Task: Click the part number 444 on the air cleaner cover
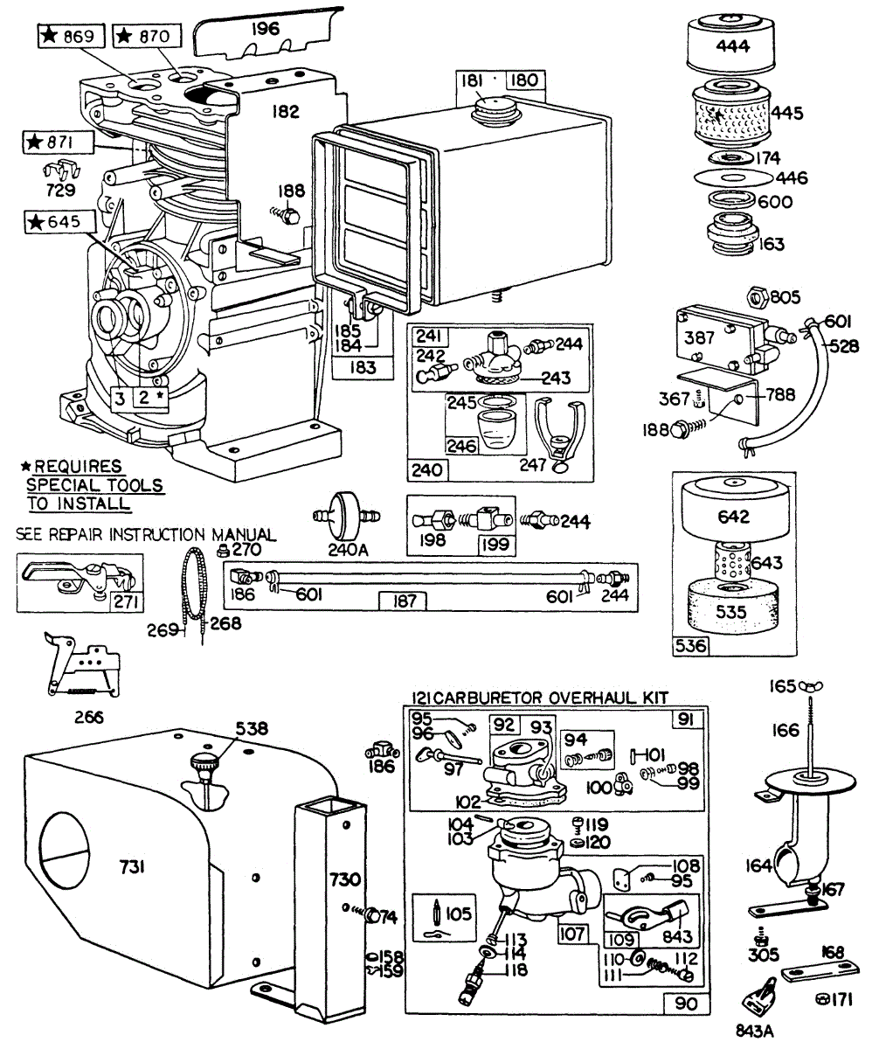pos(733,46)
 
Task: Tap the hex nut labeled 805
pos(758,297)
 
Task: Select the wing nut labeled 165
pos(811,685)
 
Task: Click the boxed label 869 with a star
pos(71,36)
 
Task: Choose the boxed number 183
pos(363,368)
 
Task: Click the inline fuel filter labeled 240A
pos(346,516)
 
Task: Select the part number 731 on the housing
pos(133,866)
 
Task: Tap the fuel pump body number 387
pos(699,337)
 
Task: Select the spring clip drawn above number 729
pos(61,170)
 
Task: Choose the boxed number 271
pos(126,601)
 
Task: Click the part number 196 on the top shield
pos(266,29)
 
